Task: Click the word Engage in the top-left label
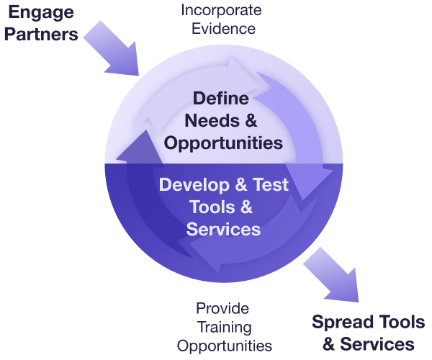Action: pyautogui.click(x=40, y=12)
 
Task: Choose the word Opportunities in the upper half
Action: pyautogui.click(x=222, y=143)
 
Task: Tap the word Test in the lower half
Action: pyautogui.click(x=268, y=184)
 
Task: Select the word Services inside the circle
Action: pyautogui.click(x=222, y=229)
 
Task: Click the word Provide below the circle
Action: pyautogui.click(x=222, y=308)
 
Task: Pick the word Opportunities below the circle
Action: pyautogui.click(x=224, y=346)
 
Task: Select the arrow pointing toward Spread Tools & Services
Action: pyautogui.click(x=331, y=276)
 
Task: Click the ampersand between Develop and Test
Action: pyautogui.click(x=237, y=184)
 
